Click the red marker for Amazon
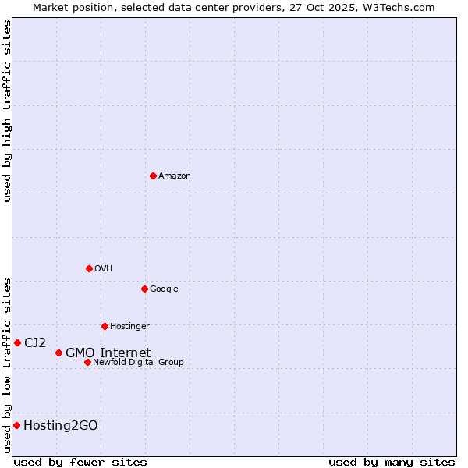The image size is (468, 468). (153, 175)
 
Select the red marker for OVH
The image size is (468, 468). (89, 268)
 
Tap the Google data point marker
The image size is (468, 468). (144, 289)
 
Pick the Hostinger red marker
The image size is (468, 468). (105, 326)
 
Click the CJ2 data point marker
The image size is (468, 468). (17, 342)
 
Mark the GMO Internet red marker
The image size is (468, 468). (58, 353)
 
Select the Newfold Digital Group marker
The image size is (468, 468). (87, 362)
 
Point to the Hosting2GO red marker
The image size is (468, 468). (16, 425)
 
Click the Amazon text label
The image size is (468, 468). (174, 176)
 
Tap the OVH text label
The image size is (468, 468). (103, 269)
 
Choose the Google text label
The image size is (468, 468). (164, 289)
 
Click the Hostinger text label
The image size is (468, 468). (129, 327)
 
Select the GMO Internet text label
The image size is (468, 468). (108, 353)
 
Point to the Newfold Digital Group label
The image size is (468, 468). (138, 363)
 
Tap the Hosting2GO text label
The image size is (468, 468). (60, 426)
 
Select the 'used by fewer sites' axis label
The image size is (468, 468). (80, 462)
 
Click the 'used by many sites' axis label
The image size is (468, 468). (392, 462)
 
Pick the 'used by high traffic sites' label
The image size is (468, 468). (8, 111)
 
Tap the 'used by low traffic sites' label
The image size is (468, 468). (8, 364)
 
